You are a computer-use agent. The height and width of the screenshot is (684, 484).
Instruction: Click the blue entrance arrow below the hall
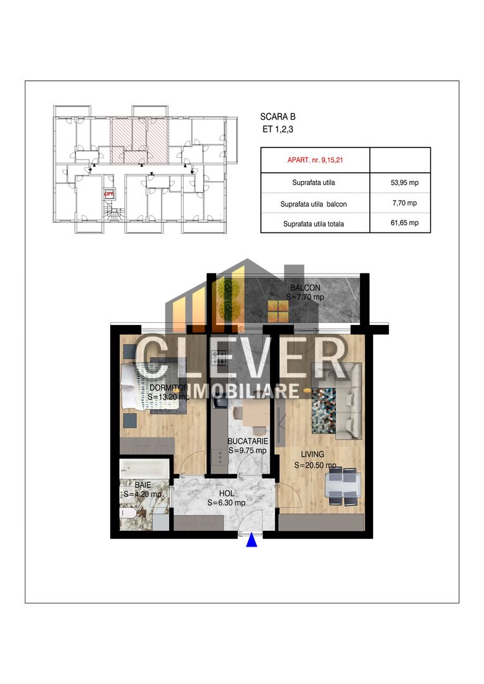(x=252, y=540)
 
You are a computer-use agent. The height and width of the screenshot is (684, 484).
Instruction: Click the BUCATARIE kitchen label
(x=248, y=441)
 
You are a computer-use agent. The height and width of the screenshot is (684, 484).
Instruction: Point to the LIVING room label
(x=313, y=454)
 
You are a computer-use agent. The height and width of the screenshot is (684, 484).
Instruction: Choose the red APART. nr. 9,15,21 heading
(x=314, y=160)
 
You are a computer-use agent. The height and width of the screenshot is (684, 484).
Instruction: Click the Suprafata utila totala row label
(x=314, y=224)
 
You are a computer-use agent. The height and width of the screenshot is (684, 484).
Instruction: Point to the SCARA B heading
(x=277, y=117)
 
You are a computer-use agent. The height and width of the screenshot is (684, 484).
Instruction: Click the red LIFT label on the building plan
(x=108, y=196)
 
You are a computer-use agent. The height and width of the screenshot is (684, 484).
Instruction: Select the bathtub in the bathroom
(x=145, y=468)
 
